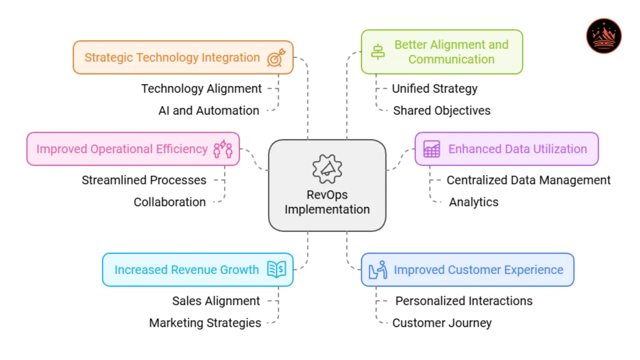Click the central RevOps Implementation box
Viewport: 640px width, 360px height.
coord(327,185)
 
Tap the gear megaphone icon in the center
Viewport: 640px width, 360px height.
coord(327,169)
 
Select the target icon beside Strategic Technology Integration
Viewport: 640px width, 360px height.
coord(275,57)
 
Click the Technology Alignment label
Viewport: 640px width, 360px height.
coord(201,88)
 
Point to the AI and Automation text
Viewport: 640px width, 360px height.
coord(208,110)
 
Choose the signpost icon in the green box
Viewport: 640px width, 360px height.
coord(378,52)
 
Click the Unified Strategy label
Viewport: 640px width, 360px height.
coord(434,88)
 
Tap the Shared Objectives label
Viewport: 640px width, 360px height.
coord(441,110)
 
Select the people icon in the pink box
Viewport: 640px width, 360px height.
coord(223,149)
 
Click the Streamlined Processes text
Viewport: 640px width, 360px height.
coord(144,180)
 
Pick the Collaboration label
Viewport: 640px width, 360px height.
coord(169,202)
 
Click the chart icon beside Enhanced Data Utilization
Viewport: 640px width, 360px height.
coord(431,149)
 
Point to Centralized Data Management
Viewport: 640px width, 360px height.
coord(528,180)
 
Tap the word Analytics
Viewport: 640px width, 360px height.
coord(473,202)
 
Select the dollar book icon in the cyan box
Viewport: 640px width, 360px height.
coord(276,269)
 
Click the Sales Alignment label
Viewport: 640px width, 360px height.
coord(216,301)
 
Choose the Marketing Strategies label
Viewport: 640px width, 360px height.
coord(205,323)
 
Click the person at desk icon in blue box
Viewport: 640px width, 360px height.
coord(378,270)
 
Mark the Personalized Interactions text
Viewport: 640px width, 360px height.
coord(463,301)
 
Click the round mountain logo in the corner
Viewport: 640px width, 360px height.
coord(603,36)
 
